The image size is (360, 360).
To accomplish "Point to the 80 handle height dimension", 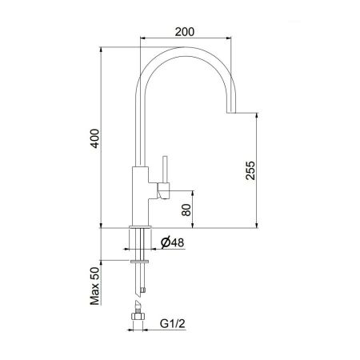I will pyautogui.click(x=186, y=210).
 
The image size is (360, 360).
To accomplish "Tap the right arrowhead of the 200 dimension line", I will pyautogui.click(x=232, y=40).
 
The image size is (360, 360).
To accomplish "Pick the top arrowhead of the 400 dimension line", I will pyautogui.click(x=104, y=46).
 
